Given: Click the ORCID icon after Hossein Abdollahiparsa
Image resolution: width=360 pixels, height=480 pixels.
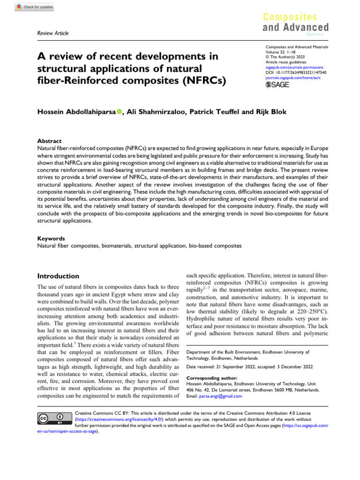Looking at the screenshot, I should [x=119, y=112].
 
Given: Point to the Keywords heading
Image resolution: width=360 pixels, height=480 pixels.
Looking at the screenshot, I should [x=51, y=238].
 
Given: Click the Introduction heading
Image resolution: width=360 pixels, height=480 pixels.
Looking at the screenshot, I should [x=58, y=276].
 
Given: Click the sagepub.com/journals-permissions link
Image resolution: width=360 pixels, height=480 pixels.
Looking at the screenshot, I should [x=294, y=67].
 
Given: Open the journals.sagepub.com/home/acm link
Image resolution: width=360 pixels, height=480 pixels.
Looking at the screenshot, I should [x=295, y=78].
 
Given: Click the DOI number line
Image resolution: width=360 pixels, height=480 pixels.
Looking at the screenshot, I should [x=296, y=73].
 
